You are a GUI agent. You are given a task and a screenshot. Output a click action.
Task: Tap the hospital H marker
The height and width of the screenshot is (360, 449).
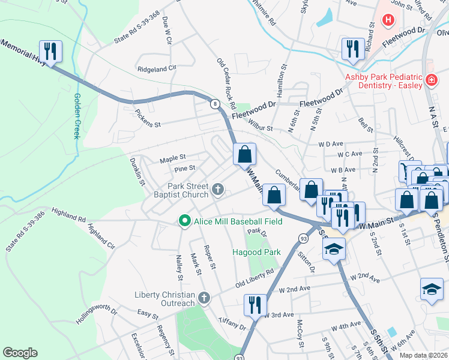(388, 20)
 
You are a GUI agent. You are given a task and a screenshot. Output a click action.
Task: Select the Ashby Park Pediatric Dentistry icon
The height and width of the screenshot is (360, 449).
(430, 80)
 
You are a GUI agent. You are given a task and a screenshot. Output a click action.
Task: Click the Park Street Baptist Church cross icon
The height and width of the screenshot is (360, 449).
(218, 191)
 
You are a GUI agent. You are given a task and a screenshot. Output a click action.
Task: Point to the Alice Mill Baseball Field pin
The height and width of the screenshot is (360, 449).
(185, 221)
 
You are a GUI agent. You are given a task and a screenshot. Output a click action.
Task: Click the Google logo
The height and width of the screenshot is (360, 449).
(20, 352)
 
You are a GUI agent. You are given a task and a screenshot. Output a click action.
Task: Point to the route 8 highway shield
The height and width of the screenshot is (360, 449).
(214, 104)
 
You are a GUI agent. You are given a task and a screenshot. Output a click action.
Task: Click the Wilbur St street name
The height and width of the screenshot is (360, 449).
(261, 128)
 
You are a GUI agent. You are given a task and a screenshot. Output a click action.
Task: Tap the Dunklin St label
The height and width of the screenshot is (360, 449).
(138, 169)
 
